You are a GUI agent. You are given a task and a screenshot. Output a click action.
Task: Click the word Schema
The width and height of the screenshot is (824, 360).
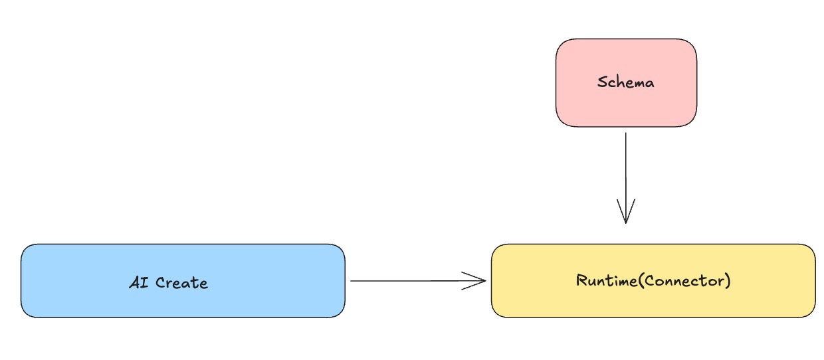coord(626,83)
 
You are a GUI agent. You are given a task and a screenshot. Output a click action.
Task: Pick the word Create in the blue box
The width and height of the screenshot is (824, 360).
coord(182,283)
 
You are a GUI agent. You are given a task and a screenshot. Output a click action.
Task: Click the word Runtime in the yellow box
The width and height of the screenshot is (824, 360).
coord(601,280)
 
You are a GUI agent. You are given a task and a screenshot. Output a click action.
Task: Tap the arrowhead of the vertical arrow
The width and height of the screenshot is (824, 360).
coord(625,219)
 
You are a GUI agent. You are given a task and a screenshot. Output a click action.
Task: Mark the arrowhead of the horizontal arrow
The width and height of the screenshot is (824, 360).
coord(483,281)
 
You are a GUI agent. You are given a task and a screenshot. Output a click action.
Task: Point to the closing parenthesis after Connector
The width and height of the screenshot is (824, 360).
coord(728,280)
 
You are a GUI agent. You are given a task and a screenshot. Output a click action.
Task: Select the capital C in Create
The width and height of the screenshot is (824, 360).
coord(161,283)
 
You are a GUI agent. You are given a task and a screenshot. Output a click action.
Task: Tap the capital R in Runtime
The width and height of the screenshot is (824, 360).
coord(581,280)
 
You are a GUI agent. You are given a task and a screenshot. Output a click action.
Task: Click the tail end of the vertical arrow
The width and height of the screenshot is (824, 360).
coord(625,134)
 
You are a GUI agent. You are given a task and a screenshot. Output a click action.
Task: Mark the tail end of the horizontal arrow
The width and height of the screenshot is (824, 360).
coord(352,281)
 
